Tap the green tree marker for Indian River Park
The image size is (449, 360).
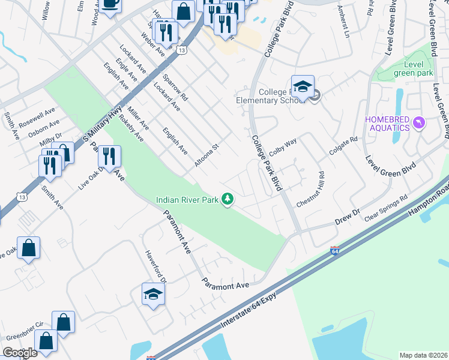click(x=228, y=199)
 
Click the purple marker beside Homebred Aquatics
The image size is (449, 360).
click(x=419, y=124)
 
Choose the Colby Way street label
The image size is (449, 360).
click(x=283, y=148)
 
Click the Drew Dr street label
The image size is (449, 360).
click(x=346, y=217)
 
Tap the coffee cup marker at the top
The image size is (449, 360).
click(x=110, y=5)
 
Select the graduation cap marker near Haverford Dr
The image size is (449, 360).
click(x=153, y=294)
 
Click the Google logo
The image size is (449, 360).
click(x=20, y=353)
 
